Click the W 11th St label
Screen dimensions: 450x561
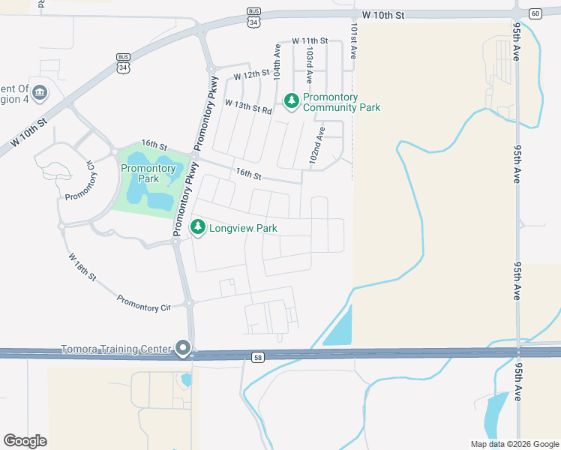[310, 40]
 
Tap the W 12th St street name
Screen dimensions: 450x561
[250, 76]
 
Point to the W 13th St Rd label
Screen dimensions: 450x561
[253, 109]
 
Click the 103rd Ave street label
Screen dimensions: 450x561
[309, 65]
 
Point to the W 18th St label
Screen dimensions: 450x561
[82, 267]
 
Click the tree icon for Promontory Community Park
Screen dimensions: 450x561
[291, 100]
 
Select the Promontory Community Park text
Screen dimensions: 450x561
[341, 103]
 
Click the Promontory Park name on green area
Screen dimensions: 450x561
[148, 173]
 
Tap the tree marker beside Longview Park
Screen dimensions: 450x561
[198, 227]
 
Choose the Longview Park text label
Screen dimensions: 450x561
[244, 228]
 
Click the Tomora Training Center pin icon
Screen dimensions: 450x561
[183, 348]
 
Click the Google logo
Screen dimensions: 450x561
[25, 441]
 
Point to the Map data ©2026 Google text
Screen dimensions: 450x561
[514, 444]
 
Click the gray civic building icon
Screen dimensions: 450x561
[40, 93]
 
